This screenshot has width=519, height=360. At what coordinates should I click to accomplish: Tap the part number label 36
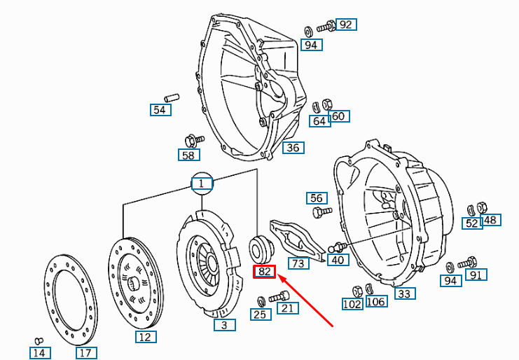click(x=292, y=148)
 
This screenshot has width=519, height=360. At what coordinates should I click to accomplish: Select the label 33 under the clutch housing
click(x=404, y=293)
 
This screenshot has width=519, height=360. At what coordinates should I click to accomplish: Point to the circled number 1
click(x=201, y=184)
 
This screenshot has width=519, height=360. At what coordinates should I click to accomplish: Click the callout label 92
click(x=345, y=25)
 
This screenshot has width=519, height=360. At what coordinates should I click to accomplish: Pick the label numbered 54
click(x=160, y=110)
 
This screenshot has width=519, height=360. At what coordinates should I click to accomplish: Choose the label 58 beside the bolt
click(x=188, y=155)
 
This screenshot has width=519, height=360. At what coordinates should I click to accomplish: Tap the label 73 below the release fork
click(x=298, y=263)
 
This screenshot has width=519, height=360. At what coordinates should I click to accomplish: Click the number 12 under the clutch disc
click(x=144, y=337)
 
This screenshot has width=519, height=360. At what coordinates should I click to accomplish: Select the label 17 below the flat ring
click(x=85, y=352)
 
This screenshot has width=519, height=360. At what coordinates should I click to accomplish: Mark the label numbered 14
click(x=39, y=352)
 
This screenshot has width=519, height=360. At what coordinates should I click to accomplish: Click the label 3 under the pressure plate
click(x=224, y=325)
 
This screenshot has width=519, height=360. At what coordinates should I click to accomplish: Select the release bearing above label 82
click(x=261, y=248)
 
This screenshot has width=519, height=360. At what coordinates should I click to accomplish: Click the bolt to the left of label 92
click(x=324, y=28)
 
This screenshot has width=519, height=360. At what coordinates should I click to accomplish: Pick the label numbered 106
click(x=375, y=302)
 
